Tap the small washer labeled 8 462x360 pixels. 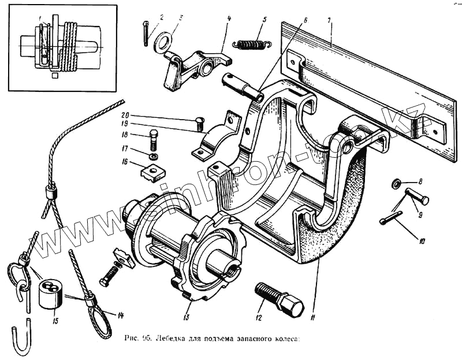coord(396,184)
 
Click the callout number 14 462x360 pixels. coord(121,316)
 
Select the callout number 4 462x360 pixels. coord(229,18)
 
